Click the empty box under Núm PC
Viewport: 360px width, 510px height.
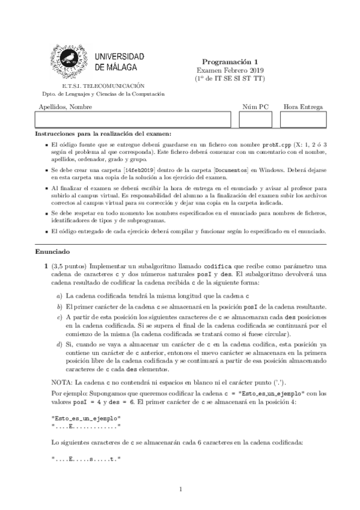pyautogui.click(x=255, y=120)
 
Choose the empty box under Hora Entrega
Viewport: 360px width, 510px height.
pyautogui.click(x=304, y=120)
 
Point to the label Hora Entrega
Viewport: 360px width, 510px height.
pyautogui.click(x=304, y=106)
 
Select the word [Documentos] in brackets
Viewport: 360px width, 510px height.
pyautogui.click(x=233, y=170)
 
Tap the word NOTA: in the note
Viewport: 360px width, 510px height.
pyautogui.click(x=64, y=382)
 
